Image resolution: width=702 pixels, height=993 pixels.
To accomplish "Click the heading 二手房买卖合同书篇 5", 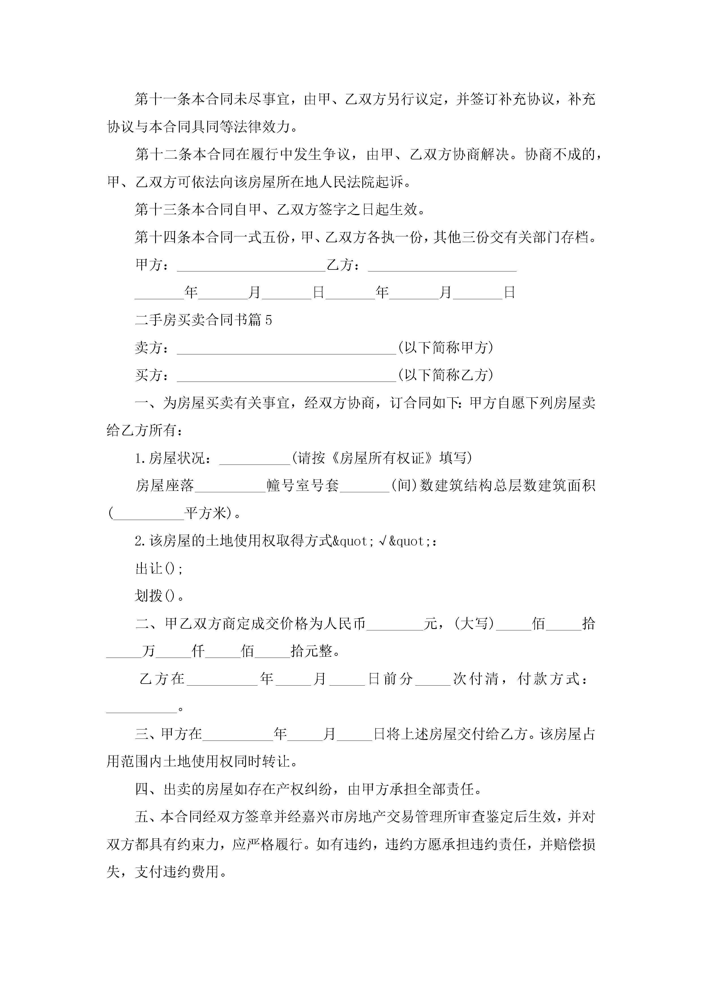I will tap(203, 320).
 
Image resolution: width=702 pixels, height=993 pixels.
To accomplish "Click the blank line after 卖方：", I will tap(286, 348).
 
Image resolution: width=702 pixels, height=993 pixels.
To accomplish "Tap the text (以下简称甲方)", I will tap(446, 348).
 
